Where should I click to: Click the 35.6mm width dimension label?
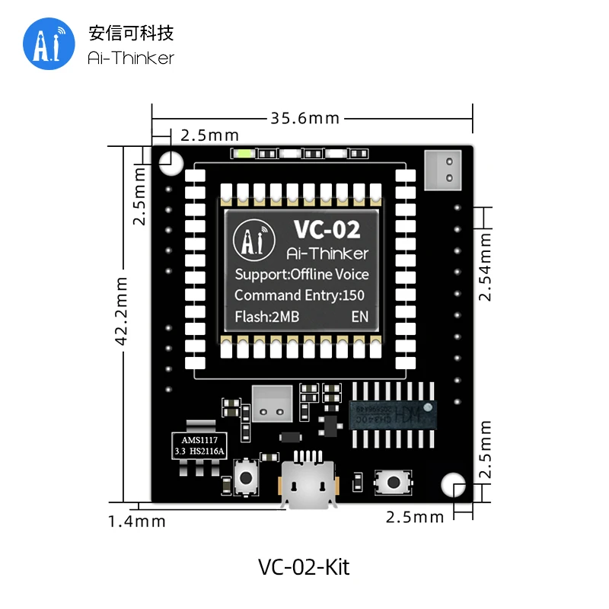pos(304,118)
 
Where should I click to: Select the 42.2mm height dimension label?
pos(121,312)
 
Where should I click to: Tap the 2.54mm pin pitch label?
pos(486,266)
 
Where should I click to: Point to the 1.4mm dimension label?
pos(136,521)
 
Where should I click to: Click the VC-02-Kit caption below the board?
pos(304,567)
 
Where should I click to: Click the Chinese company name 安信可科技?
pos(131,33)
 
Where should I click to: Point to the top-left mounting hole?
pos(171,161)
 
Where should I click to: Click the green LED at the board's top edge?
pos(244,154)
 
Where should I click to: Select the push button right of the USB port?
pos(394,481)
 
